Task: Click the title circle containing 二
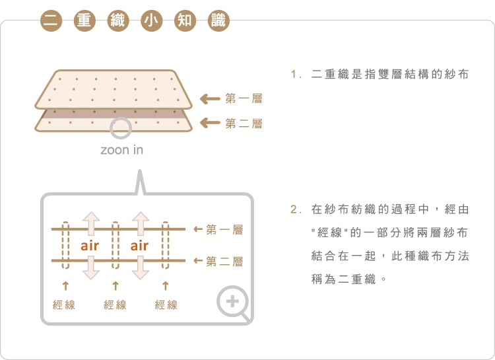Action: pos(51,21)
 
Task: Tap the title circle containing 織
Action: pos(118,21)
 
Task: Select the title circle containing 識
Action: pos(218,21)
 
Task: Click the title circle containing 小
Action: pos(152,21)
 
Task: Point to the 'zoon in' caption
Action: pos(122,150)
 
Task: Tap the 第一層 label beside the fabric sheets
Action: pos(244,98)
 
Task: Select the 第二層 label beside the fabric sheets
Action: pos(244,124)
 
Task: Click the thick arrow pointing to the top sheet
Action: pos(211,99)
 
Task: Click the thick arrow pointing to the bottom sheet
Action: pos(211,123)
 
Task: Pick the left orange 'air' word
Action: pos(90,246)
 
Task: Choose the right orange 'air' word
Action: pos(139,246)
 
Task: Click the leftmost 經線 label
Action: pos(64,305)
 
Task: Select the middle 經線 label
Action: pos(115,305)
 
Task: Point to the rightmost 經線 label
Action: pos(166,305)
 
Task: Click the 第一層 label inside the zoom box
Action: pos(224,230)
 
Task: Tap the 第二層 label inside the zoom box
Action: pos(224,262)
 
